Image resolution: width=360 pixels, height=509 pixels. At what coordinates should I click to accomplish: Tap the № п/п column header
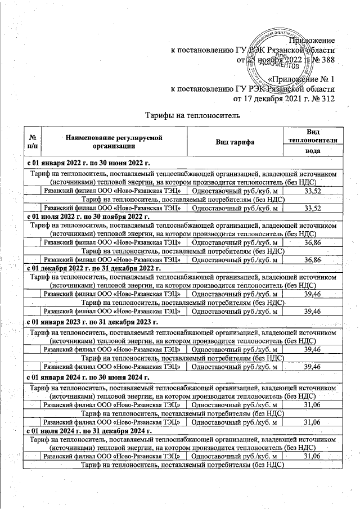click(x=33, y=142)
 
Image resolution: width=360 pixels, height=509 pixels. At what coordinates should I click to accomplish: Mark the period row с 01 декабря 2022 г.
click(x=94, y=268)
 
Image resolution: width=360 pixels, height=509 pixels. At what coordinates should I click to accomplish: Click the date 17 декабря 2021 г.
click(x=273, y=99)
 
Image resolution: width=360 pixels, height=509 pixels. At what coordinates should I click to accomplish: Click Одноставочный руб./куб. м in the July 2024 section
click(x=235, y=456)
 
